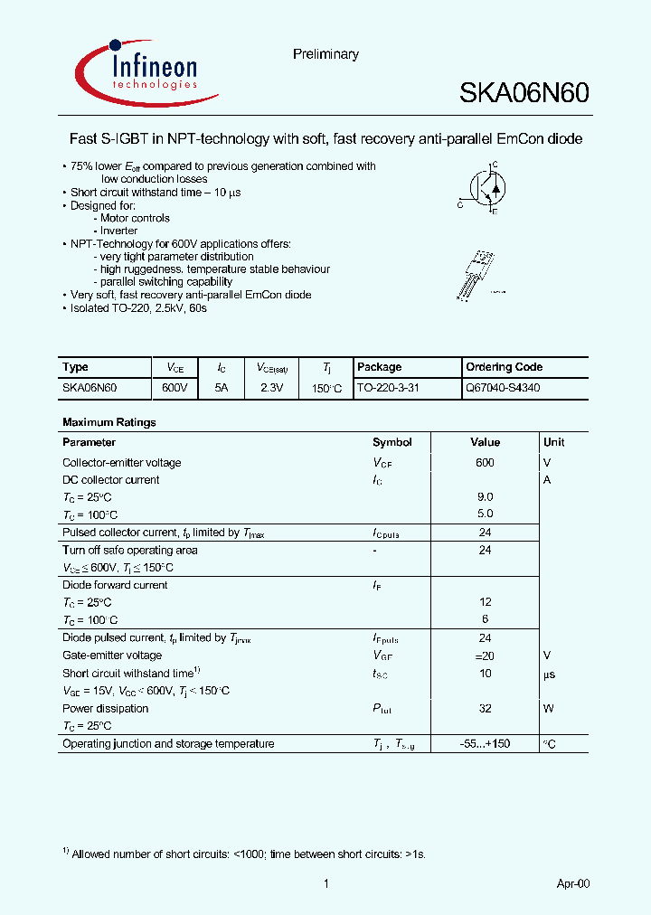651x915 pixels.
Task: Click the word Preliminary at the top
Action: tap(325, 54)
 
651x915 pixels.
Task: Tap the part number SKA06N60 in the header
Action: tap(524, 93)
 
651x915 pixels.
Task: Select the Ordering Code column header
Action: tap(504, 367)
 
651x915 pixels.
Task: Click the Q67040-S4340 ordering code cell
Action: tap(504, 387)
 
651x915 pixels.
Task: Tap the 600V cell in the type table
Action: tap(175, 387)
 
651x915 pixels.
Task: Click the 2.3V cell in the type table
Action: tap(271, 387)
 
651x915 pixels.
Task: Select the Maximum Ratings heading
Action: tap(108, 422)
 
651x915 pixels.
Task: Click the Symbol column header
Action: tap(392, 442)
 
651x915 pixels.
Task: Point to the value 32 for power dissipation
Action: tap(485, 709)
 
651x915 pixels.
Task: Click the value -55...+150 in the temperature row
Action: tap(485, 744)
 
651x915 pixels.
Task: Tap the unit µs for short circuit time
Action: tap(549, 674)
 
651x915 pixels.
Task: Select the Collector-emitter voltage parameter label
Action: tap(121, 463)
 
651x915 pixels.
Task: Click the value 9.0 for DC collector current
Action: tap(485, 497)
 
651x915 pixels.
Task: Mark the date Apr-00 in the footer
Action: tap(572, 883)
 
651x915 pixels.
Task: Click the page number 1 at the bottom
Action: tap(325, 883)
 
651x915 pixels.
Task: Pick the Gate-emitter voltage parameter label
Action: tap(112, 656)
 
